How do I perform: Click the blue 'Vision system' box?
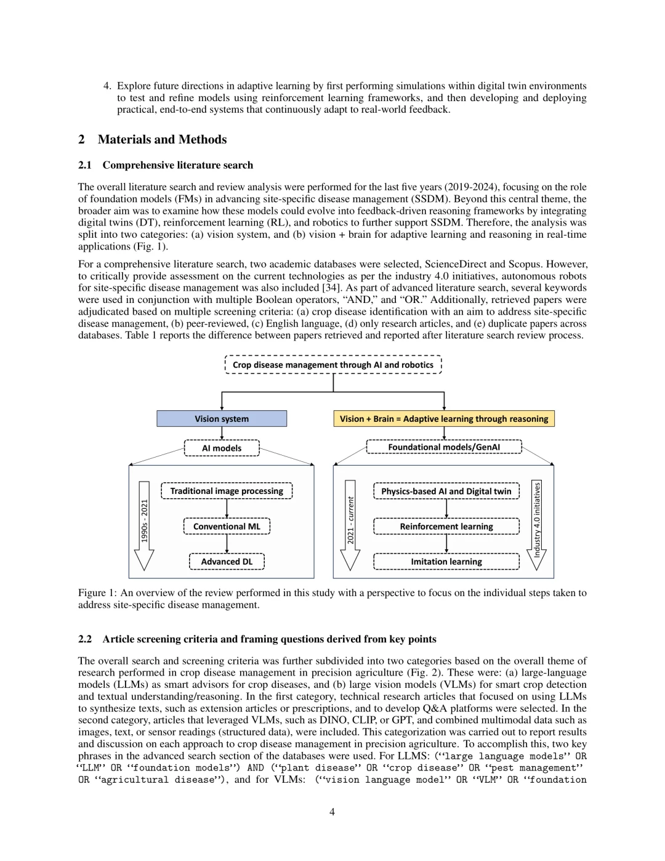(222, 419)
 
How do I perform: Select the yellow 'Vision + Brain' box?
(444, 419)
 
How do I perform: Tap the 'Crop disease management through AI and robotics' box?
(333, 365)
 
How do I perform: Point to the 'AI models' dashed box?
(222, 448)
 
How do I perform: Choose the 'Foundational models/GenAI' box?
(444, 447)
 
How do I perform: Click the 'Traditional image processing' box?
(227, 491)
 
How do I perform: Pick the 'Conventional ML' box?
(227, 526)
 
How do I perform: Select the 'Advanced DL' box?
(227, 561)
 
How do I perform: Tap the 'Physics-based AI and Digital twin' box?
(446, 491)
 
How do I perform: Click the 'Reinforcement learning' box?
(446, 526)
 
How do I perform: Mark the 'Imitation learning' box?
(446, 561)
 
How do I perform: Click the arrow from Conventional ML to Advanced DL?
(227, 544)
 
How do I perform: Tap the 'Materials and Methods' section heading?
(162, 139)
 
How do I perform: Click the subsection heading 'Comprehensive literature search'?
(177, 165)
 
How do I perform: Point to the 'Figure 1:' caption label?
(97, 592)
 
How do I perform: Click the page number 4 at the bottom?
(332, 812)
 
